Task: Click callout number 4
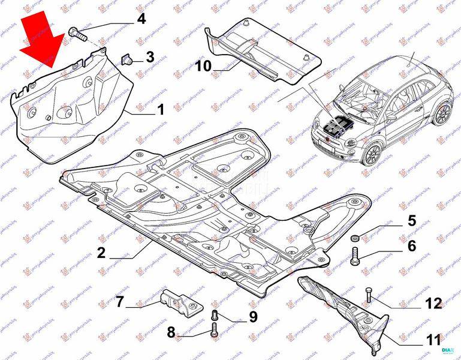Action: pos(141,19)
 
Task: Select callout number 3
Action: pos(150,58)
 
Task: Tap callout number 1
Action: pos(161,110)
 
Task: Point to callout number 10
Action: pos(203,65)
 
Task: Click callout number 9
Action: pos(253,316)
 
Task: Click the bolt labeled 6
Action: pos(354,258)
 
